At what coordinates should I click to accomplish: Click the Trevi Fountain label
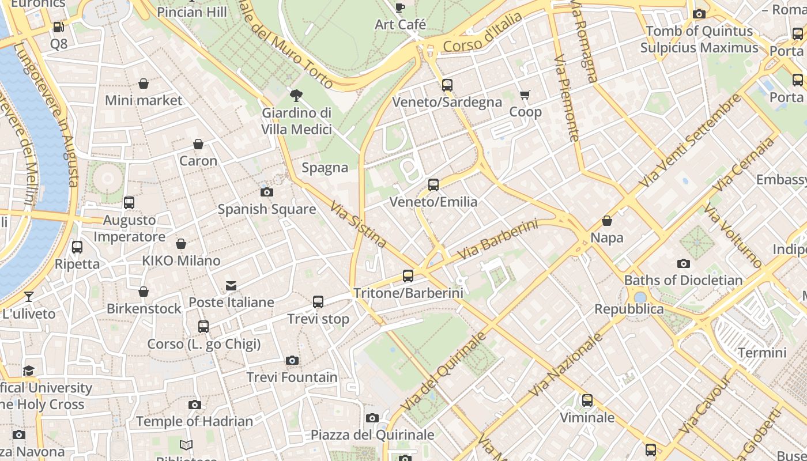[292, 377]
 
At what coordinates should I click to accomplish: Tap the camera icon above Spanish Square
[267, 192]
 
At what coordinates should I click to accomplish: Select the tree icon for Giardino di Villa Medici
[297, 95]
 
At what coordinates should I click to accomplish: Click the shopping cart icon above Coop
[525, 95]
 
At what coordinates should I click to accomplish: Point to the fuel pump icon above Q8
[58, 27]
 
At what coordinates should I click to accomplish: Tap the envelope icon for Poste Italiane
[231, 286]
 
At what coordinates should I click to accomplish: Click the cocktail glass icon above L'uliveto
[29, 297]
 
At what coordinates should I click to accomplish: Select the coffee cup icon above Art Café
[400, 7]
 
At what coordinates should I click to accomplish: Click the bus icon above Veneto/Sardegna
[447, 85]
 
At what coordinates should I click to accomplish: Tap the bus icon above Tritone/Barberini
[408, 276]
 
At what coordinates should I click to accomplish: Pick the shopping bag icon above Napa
[607, 221]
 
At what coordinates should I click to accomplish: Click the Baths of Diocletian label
[683, 281]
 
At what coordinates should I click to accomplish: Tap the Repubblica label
[629, 309]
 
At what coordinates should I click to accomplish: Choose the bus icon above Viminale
[587, 400]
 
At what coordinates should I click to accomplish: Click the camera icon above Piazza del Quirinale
[372, 418]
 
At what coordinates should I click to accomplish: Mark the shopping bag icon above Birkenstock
[144, 292]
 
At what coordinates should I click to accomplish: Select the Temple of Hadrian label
[195, 421]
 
